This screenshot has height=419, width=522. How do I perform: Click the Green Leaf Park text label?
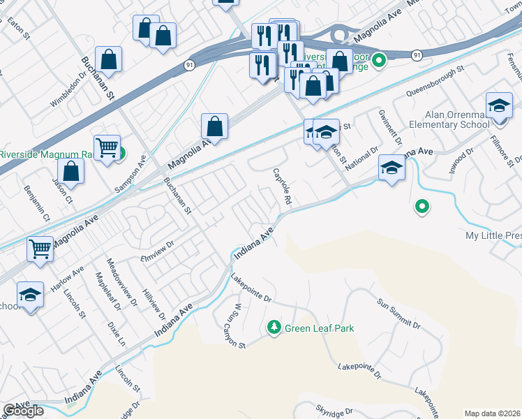pos(320,328)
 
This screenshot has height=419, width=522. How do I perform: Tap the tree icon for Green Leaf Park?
pos(275,328)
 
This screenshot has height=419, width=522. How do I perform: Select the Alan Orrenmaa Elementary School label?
pos(458,119)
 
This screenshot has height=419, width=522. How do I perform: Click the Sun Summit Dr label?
pos(399,314)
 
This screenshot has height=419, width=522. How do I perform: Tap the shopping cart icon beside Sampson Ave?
pos(107,147)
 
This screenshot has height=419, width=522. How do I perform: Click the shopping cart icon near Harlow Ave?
pos(40,248)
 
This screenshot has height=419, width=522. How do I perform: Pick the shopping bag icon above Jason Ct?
pos(70,170)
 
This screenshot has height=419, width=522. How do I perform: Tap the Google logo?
pos(23,411)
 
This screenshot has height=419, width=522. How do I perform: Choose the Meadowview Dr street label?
pos(118,284)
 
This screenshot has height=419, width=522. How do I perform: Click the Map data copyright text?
pos(493,413)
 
